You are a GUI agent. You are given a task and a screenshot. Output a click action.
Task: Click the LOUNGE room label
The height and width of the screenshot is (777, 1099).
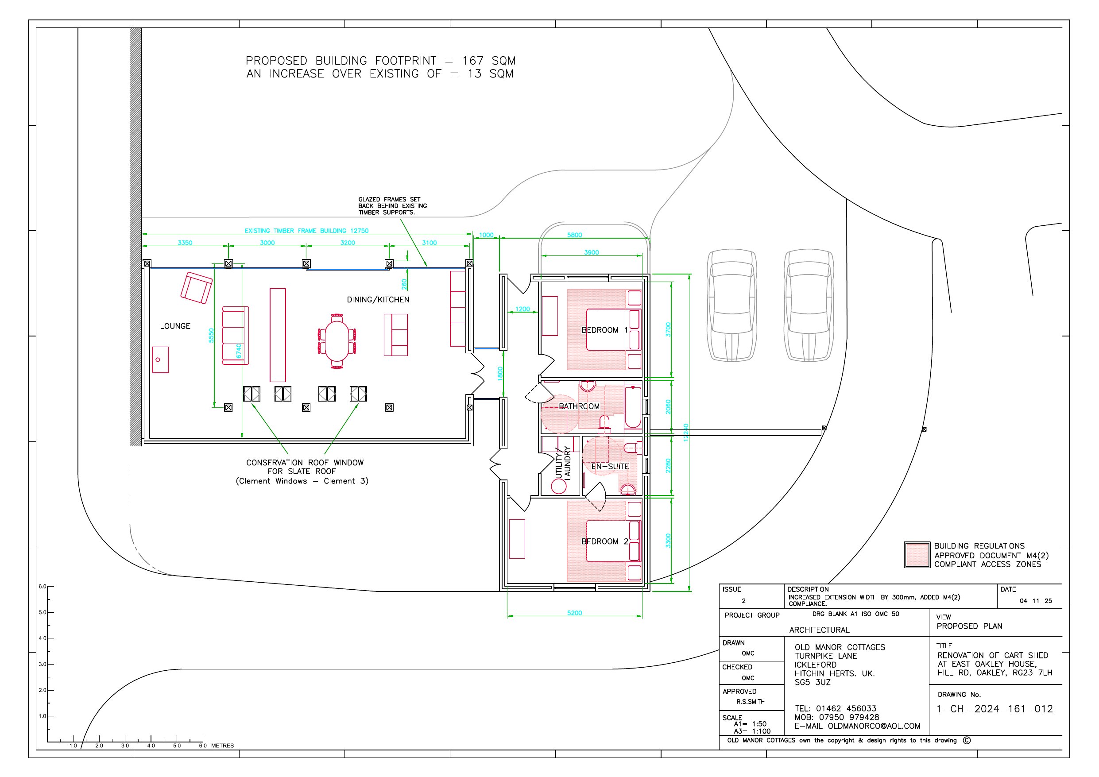[x=175, y=326]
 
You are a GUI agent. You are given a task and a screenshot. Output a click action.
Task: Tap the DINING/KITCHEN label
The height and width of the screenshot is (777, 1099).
[x=378, y=300]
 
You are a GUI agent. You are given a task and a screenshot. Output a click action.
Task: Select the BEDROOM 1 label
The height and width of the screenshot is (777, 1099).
[x=604, y=330]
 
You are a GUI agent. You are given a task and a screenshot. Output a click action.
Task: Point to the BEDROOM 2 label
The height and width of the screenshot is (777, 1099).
[x=604, y=541]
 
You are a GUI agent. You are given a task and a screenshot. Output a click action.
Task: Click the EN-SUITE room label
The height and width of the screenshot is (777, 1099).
[x=610, y=466]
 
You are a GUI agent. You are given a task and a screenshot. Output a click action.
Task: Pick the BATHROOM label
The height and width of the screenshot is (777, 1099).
[x=579, y=406]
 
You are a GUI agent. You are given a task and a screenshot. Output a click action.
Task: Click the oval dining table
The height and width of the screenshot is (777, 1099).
[x=337, y=341]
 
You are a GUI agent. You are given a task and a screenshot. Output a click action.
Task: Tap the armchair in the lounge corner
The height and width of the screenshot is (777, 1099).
[x=196, y=288]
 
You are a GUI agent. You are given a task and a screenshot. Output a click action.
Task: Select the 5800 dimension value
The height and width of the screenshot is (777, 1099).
[x=574, y=235]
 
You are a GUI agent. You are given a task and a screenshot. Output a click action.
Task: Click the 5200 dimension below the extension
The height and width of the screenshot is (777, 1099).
[x=574, y=613]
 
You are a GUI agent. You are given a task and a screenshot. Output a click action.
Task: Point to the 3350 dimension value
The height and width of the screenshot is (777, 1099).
[x=185, y=243]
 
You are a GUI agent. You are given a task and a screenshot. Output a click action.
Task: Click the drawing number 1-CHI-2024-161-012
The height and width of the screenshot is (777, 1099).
[x=995, y=709]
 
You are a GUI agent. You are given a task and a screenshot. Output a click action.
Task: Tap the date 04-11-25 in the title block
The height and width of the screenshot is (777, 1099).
[x=1036, y=601]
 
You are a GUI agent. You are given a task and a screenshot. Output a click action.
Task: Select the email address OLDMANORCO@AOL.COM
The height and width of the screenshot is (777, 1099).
[x=874, y=726]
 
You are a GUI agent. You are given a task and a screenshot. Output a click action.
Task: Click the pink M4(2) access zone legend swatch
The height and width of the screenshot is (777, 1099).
[x=917, y=555]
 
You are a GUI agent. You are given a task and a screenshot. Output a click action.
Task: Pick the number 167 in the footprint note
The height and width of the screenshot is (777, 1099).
[x=473, y=61]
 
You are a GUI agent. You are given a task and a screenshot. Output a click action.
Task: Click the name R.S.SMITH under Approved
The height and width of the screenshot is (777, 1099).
[x=751, y=702]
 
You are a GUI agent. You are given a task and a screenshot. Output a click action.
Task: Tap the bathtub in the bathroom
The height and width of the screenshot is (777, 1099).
[x=633, y=407]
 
